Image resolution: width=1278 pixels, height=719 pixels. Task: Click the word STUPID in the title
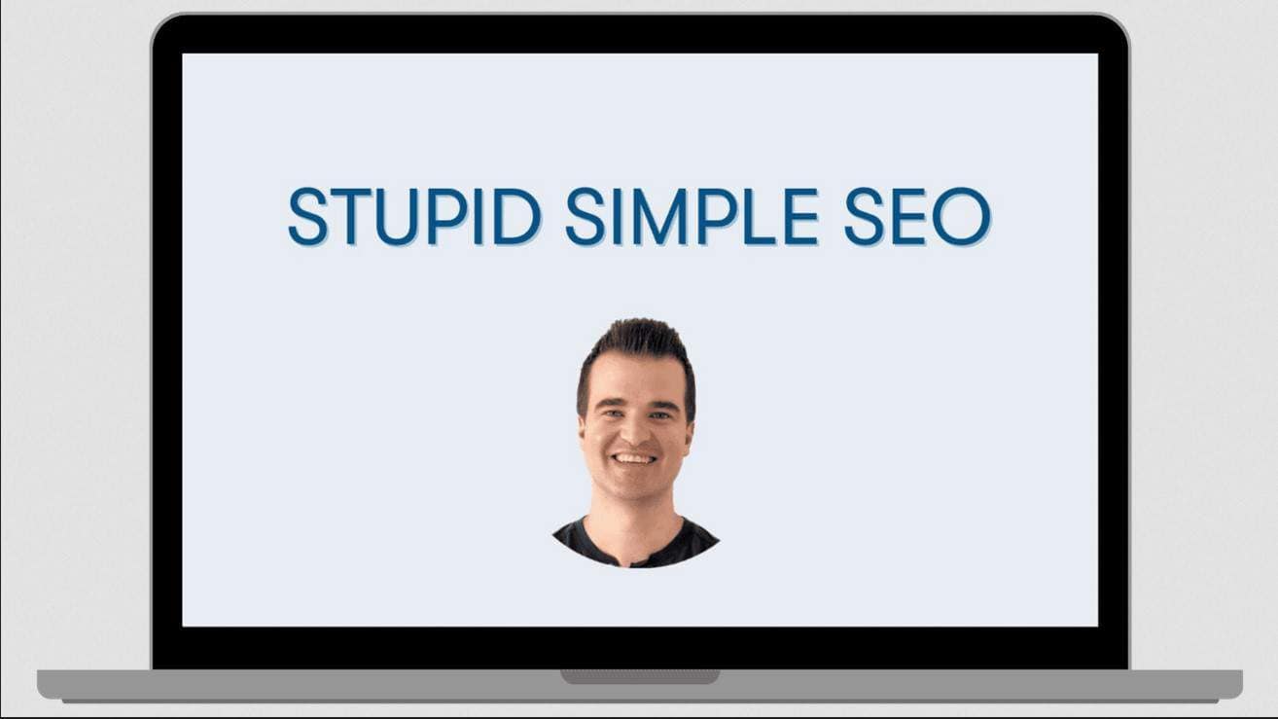414,216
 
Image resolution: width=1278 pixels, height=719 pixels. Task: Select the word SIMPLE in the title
692,216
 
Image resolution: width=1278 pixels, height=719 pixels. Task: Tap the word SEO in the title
916,216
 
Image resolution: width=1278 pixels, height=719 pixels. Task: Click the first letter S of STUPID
307,216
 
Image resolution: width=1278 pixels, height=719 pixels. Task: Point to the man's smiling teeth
634,457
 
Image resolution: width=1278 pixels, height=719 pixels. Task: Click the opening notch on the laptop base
640,675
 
